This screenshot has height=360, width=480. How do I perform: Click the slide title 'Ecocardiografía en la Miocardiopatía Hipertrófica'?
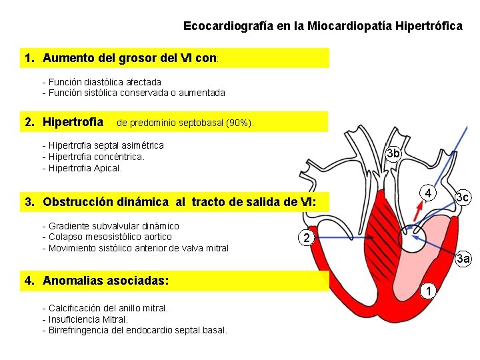[323, 26]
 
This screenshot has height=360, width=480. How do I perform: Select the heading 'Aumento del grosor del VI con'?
[130, 58]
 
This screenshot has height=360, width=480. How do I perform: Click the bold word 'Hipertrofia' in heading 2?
[73, 122]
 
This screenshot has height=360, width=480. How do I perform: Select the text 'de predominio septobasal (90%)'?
[185, 123]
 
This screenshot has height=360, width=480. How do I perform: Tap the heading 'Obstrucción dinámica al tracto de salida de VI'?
[178, 202]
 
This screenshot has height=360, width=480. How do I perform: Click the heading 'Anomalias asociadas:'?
[105, 281]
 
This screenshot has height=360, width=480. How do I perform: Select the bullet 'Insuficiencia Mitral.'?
[87, 319]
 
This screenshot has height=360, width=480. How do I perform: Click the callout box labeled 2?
[305, 238]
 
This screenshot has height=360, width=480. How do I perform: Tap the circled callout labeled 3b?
[393, 153]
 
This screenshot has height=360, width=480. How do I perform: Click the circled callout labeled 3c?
[462, 197]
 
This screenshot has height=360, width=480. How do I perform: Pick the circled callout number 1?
[430, 291]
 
